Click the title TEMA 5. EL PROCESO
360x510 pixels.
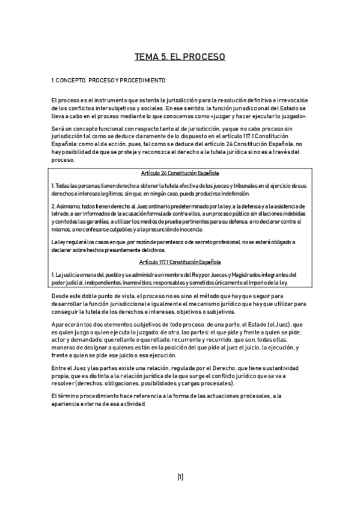tap(180, 57)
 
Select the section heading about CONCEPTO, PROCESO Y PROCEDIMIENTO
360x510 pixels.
tap(109, 80)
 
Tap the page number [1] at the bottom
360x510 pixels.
tap(180, 477)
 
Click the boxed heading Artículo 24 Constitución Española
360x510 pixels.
tap(180, 173)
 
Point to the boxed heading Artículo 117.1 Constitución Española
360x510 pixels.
tap(180, 262)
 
